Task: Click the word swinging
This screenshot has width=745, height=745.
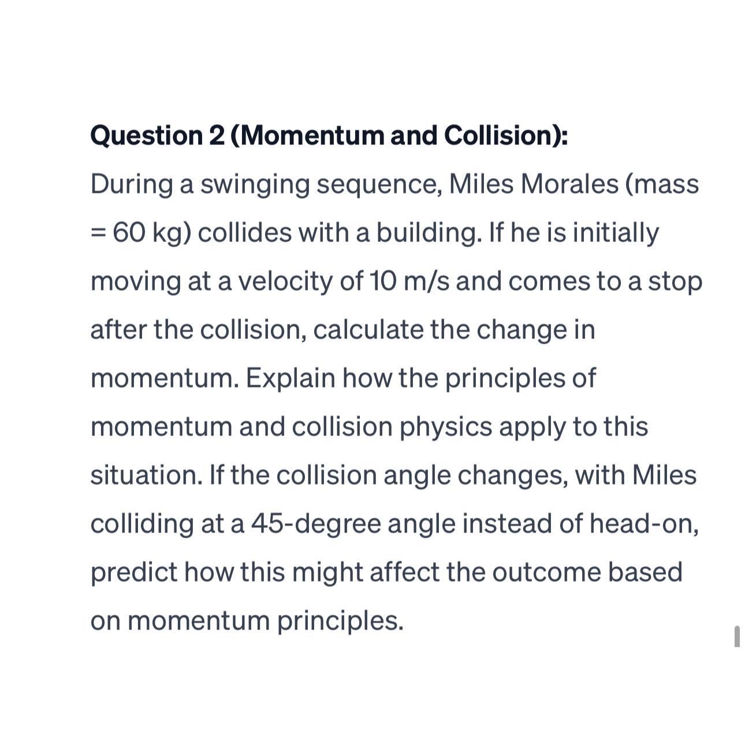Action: (x=255, y=185)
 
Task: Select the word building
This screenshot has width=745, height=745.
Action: (x=429, y=233)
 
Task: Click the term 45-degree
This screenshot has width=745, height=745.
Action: (x=316, y=524)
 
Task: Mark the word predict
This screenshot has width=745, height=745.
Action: (x=134, y=573)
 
